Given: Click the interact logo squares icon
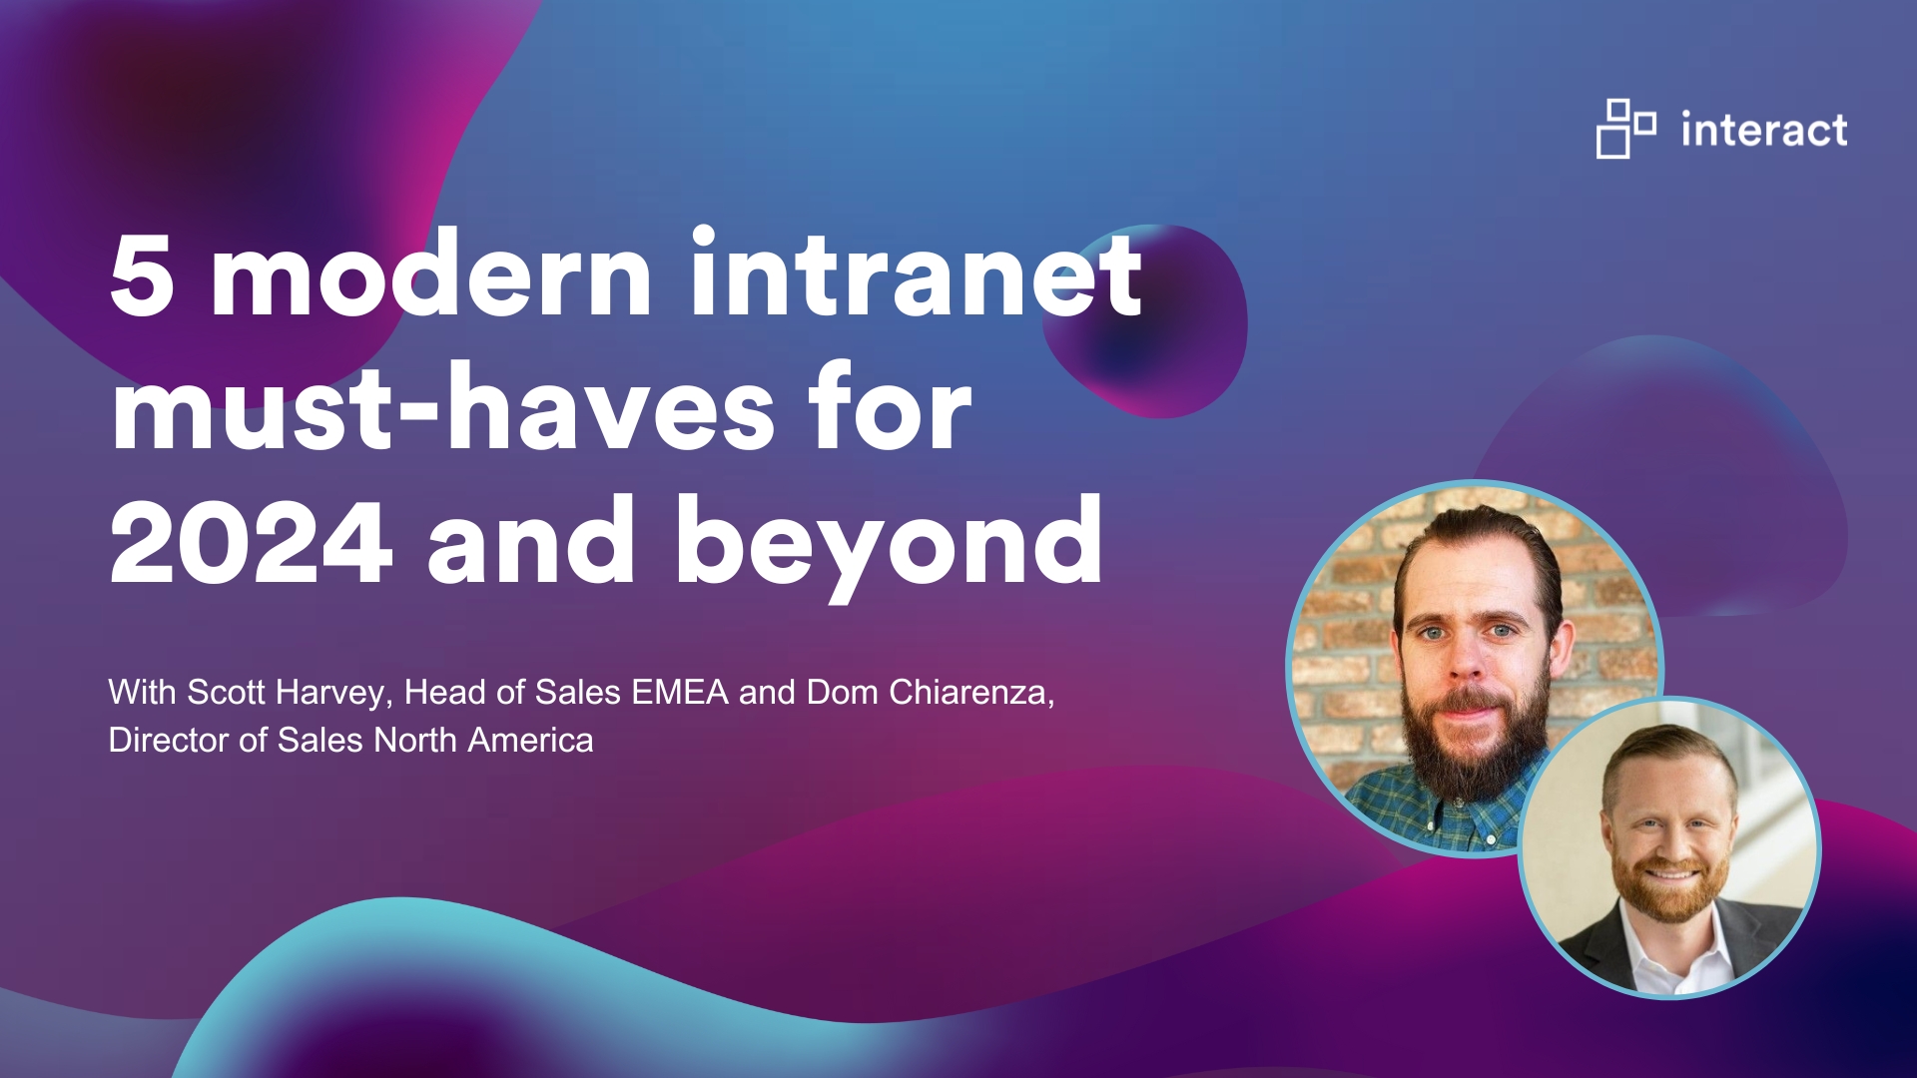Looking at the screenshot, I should click(1624, 129).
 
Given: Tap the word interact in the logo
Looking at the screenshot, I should click(1763, 131).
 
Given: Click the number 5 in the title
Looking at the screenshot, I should click(141, 276).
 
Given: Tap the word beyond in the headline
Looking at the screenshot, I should click(889, 544).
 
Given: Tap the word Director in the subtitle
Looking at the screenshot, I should click(169, 740).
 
